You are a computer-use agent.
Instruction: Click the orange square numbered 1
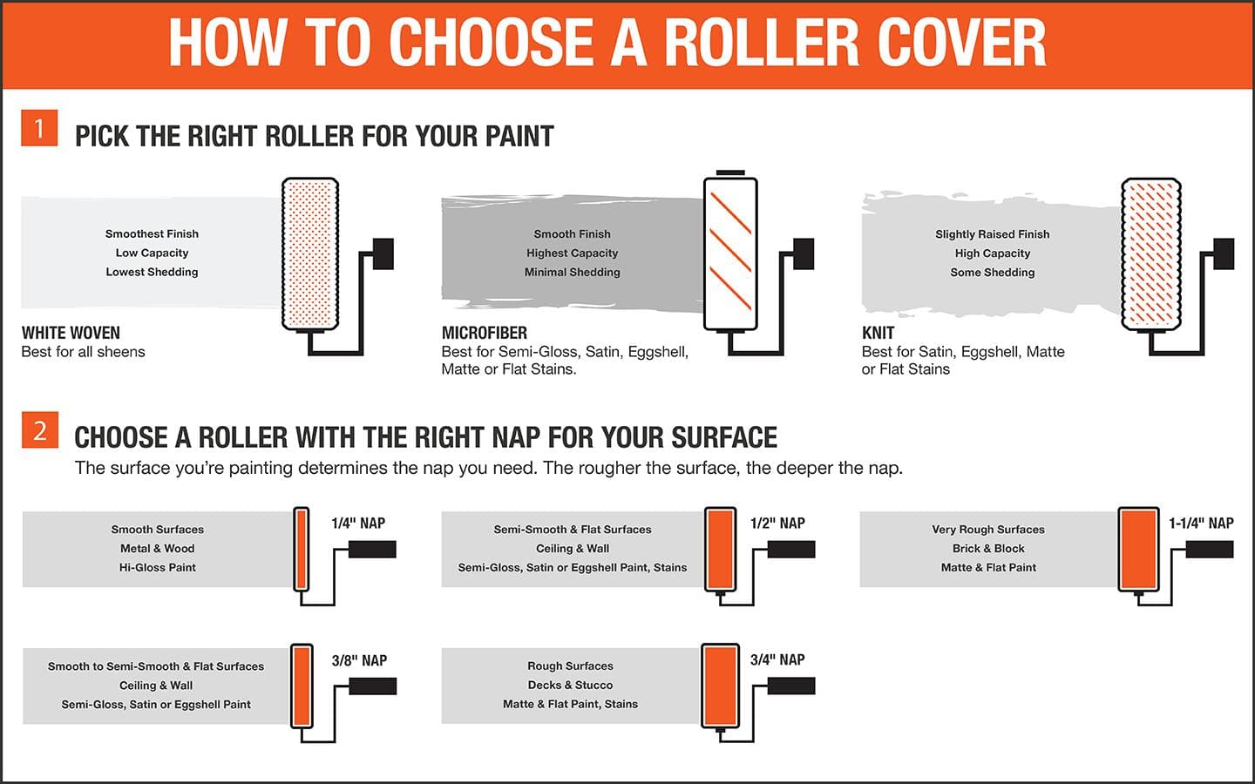pyautogui.click(x=39, y=128)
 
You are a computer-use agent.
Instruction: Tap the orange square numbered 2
pyautogui.click(x=40, y=429)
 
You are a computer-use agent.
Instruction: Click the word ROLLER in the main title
pyautogui.click(x=762, y=43)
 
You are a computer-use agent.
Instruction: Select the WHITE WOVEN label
pyautogui.click(x=71, y=333)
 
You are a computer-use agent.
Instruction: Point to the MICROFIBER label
pyautogui.click(x=484, y=333)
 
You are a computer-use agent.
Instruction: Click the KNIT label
pyautogui.click(x=878, y=333)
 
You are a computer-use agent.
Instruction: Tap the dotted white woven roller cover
pyautogui.click(x=310, y=253)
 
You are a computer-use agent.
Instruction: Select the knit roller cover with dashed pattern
pyautogui.click(x=1151, y=253)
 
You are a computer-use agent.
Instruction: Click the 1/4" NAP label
pyautogui.click(x=358, y=523)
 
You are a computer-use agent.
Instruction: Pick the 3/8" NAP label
pyautogui.click(x=359, y=660)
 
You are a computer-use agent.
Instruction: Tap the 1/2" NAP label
pyautogui.click(x=777, y=523)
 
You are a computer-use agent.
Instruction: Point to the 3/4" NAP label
pyautogui.click(x=777, y=659)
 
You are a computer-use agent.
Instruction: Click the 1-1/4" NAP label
pyautogui.click(x=1201, y=523)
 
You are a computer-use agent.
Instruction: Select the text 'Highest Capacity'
pyautogui.click(x=572, y=253)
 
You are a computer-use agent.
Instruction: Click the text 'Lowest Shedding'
pyautogui.click(x=152, y=272)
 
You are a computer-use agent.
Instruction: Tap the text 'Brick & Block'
pyautogui.click(x=988, y=548)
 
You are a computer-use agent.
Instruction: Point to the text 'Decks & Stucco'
pyautogui.click(x=570, y=685)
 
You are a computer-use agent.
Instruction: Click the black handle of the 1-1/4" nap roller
pyautogui.click(x=1210, y=550)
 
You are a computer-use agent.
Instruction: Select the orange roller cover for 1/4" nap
pyautogui.click(x=302, y=549)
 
